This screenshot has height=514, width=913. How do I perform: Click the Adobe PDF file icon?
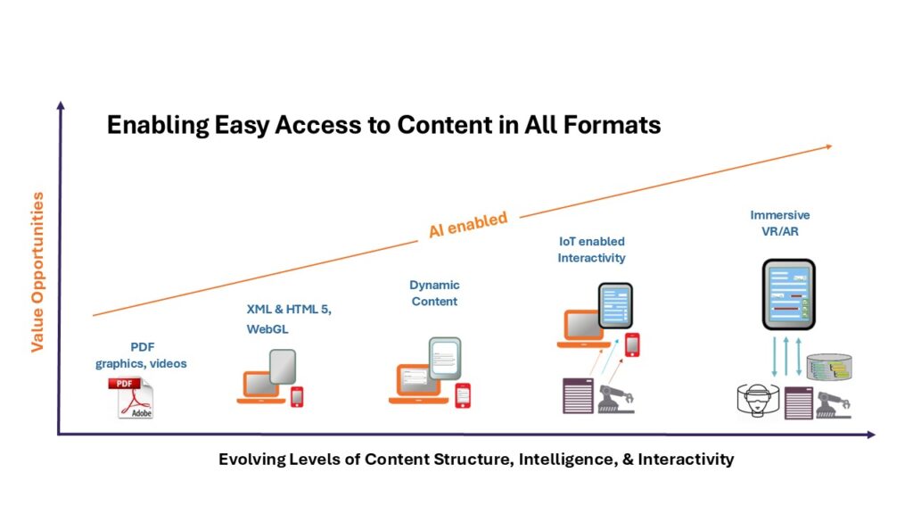[x=132, y=398]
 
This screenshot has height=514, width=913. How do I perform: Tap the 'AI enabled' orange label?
[x=468, y=224]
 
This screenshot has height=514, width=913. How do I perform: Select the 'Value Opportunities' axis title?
[x=37, y=271]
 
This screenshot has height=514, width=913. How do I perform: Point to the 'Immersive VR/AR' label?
[x=779, y=223]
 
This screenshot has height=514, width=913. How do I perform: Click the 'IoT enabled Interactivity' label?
[x=592, y=250]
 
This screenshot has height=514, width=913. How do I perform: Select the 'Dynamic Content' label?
[x=434, y=293]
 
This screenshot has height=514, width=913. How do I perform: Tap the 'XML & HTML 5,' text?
[x=289, y=310]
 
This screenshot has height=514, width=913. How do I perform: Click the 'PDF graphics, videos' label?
[x=142, y=355]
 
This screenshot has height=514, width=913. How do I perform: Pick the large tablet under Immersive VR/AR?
[x=788, y=294]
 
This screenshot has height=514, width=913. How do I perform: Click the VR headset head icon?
[x=758, y=399]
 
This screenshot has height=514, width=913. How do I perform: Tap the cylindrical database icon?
[x=829, y=367]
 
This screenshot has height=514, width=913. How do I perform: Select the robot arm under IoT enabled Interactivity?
[x=616, y=400]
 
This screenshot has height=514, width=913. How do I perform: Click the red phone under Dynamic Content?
[x=463, y=395]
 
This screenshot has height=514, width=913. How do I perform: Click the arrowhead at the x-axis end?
[x=871, y=435]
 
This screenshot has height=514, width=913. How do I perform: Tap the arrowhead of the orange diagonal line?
[x=828, y=147]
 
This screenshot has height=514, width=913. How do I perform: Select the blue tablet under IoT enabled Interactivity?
[x=615, y=305]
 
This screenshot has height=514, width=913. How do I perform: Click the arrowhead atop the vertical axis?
[x=61, y=105]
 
